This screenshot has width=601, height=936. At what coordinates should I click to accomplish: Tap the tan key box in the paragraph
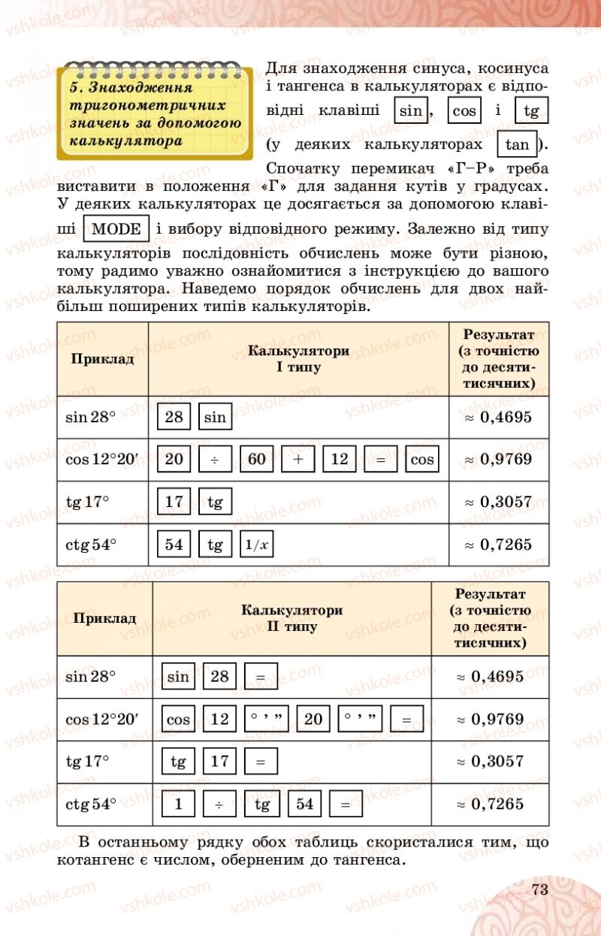518,144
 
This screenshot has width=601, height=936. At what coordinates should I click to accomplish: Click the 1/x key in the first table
256,545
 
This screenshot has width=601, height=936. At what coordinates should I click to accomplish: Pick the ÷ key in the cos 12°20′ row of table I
216,459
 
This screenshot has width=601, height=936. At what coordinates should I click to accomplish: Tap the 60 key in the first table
257,459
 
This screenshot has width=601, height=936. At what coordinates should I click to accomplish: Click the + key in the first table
299,459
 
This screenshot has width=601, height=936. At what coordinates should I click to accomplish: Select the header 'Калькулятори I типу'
298,359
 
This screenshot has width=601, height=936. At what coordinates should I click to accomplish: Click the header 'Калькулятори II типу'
291,618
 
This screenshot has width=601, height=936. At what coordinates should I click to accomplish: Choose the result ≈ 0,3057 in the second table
490,761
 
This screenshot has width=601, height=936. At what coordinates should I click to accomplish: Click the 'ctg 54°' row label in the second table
91,804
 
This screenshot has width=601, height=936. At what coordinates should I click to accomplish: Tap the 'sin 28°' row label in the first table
91,417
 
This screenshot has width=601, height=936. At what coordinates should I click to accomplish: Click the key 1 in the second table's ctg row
179,804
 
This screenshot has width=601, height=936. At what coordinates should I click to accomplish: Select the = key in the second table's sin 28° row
261,676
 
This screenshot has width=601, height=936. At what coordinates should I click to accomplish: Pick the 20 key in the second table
313,719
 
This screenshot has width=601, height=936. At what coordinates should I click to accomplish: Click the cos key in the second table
179,719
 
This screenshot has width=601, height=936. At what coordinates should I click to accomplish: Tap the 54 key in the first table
174,545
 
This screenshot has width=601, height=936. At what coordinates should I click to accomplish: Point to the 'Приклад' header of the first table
102,358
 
